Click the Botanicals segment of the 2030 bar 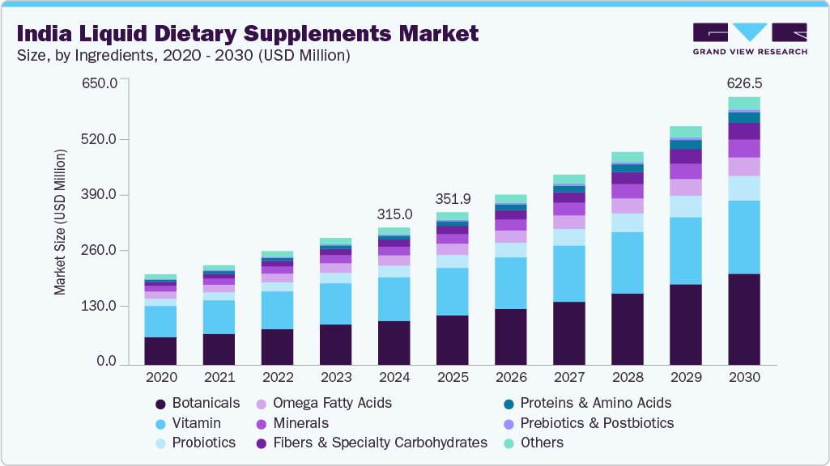pos(743,320)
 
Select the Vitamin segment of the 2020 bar pos(160,321)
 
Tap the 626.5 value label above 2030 pos(744,83)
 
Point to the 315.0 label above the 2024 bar pos(394,214)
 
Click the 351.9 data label pos(453,199)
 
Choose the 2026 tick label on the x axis pos(511,377)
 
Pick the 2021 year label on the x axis pos(219,377)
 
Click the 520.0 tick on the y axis pos(101,139)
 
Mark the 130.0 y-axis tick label pos(101,306)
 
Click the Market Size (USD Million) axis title pos(61,222)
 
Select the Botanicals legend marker pos(161,403)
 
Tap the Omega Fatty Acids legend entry pos(332,403)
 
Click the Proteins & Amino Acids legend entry pos(595,403)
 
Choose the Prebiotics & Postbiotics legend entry pos(597,423)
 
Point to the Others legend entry pos(542,443)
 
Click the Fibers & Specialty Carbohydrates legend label pos(380,443)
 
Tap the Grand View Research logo pos(750,38)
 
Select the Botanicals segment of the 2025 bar pos(453,340)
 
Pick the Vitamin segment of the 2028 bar pos(628,263)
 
